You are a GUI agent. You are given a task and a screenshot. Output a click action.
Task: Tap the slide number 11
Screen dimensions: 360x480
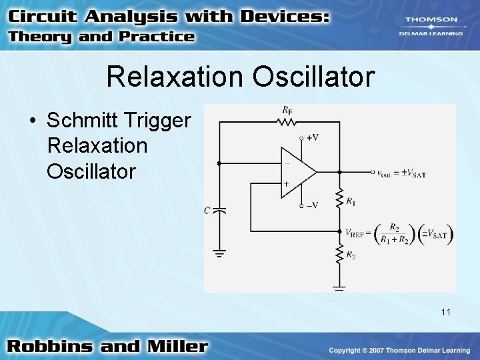[x=446, y=311]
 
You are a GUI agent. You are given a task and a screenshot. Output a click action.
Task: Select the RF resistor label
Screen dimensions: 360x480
[x=287, y=109]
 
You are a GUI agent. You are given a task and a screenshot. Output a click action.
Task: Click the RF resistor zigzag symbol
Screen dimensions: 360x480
[x=287, y=122]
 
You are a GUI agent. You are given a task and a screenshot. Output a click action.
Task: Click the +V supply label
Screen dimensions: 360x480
[x=311, y=137]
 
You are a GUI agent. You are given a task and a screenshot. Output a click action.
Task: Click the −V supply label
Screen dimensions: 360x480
[x=311, y=205]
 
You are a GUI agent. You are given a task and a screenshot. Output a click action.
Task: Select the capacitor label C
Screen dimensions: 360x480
[x=207, y=211]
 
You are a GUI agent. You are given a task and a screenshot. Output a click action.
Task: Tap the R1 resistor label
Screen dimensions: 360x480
[x=351, y=201]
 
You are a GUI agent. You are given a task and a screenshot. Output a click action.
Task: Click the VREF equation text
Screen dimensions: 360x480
[x=399, y=233]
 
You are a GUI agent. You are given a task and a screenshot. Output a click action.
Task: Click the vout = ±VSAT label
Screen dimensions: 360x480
[x=401, y=173]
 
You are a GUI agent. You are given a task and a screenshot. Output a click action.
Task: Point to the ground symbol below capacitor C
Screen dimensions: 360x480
[x=220, y=253]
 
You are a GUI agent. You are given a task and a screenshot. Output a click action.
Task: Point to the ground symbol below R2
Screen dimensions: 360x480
[x=339, y=287]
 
